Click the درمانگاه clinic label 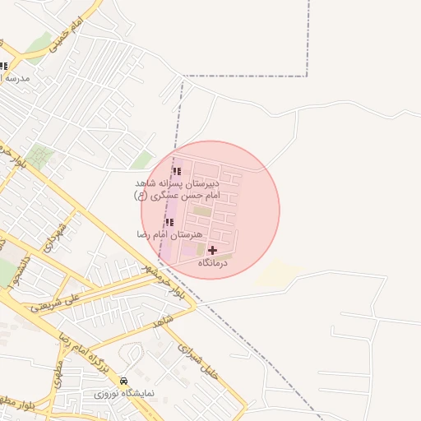click(213, 263)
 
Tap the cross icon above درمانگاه click(213, 250)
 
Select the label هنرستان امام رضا click(169, 235)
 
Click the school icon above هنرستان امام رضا click(169, 222)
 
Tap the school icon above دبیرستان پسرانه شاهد click(177, 171)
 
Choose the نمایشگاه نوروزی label click(123, 395)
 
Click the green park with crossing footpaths click(39, 155)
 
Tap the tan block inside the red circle click(202, 211)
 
